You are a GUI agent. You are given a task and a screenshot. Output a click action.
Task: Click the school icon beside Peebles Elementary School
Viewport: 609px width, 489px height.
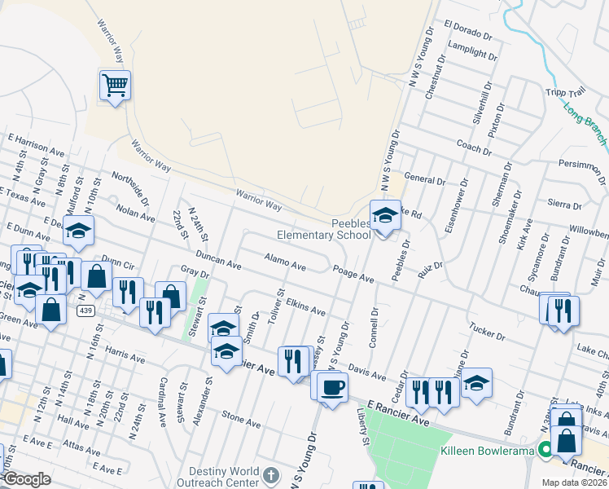385,217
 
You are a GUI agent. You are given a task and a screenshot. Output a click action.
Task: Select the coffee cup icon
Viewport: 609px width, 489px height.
331,387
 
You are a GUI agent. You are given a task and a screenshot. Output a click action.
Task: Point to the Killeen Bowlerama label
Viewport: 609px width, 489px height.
485,450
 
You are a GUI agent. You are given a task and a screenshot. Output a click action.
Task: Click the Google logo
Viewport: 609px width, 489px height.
27,479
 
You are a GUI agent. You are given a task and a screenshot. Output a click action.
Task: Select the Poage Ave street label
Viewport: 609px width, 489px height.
353,273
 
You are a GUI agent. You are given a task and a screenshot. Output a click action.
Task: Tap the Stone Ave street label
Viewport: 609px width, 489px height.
241,420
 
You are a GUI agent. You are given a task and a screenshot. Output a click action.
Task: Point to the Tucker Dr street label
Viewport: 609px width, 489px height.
489,330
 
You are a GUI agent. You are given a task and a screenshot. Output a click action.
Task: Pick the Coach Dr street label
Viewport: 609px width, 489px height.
474,146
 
